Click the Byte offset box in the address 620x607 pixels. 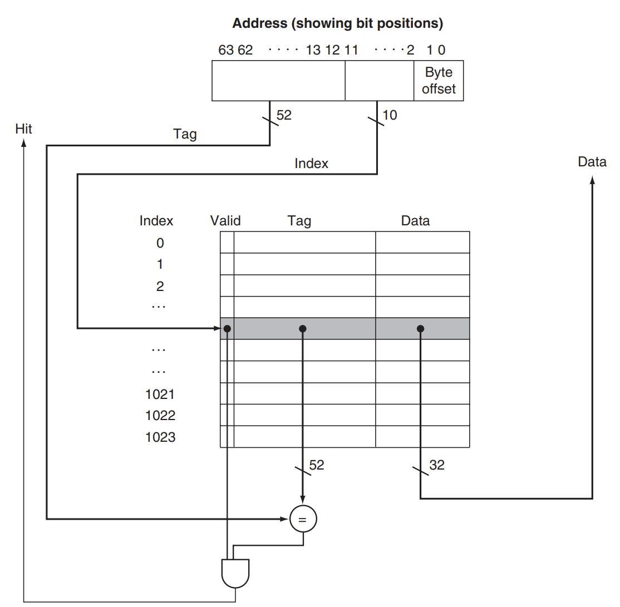coord(439,81)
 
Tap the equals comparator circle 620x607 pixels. coord(303,520)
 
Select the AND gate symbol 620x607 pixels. coord(235,573)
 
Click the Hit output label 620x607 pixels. coord(24,129)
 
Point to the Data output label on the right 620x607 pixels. coord(592,162)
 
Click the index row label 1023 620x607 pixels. coord(160,437)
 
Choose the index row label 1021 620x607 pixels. coord(160,394)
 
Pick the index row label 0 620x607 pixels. coord(160,243)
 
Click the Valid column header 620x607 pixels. coord(225,221)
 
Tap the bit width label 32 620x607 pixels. coord(437,465)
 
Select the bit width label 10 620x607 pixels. coord(390,116)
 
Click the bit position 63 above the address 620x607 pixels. coord(226,50)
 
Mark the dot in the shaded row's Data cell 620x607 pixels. coord(420,329)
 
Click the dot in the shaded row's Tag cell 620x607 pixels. coord(302,329)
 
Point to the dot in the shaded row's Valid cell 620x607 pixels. coord(227,329)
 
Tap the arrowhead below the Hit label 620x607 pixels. coord(24,142)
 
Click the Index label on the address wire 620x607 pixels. coord(311,164)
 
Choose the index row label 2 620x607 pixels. coord(160,287)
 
